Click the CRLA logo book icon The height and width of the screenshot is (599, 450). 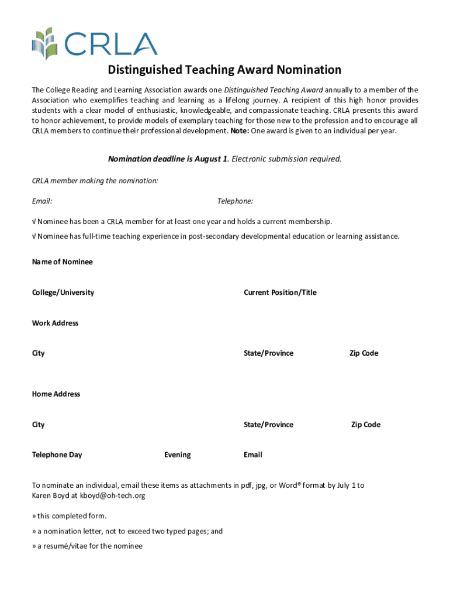[44, 43]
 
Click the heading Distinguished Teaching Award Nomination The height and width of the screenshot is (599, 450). [224, 70]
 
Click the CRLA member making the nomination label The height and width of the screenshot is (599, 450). [95, 181]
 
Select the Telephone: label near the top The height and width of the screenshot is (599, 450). [235, 201]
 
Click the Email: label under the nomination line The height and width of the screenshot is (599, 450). [42, 201]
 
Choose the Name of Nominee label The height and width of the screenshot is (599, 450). [62, 262]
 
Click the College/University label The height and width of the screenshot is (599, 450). [63, 292]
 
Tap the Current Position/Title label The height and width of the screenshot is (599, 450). [280, 292]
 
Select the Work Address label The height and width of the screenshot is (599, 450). [55, 323]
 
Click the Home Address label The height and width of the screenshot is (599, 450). [56, 394]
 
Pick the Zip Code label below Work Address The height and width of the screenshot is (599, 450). [364, 353]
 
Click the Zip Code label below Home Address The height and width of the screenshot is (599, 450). [365, 425]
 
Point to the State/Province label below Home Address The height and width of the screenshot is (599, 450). [268, 425]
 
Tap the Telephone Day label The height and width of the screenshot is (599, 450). [57, 455]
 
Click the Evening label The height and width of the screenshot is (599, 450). [177, 455]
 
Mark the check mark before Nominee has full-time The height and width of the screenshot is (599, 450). [33, 236]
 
